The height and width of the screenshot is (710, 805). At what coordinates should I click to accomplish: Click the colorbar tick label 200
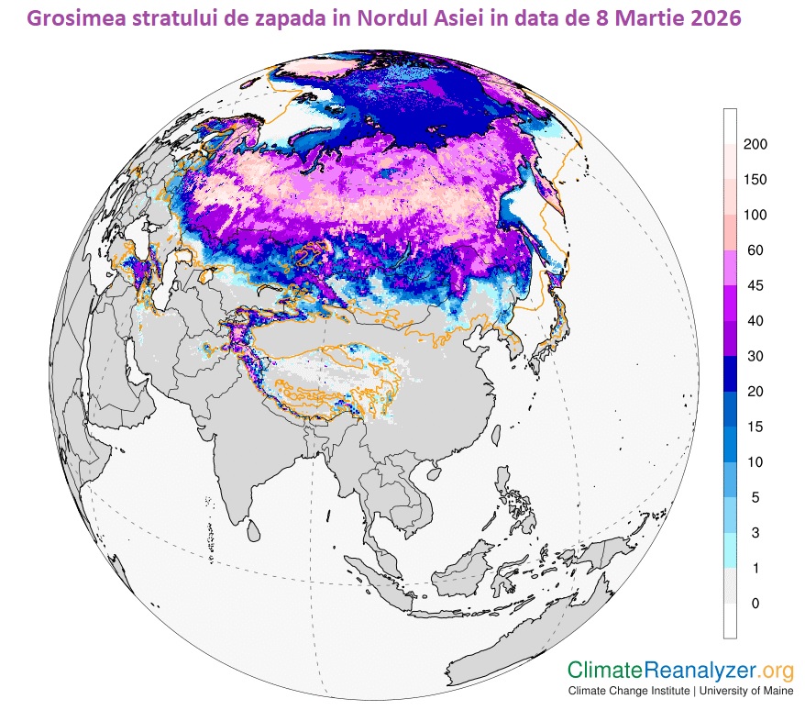click(x=755, y=145)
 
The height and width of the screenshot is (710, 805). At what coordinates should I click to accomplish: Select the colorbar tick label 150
click(x=755, y=180)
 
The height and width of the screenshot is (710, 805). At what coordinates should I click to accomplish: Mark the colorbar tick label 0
click(x=755, y=604)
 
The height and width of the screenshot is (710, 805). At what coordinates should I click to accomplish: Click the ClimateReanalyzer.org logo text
click(x=680, y=671)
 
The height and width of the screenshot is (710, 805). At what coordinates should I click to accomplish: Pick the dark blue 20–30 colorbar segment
click(x=731, y=373)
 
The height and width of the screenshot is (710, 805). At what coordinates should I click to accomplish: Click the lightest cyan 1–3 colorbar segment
click(x=731, y=550)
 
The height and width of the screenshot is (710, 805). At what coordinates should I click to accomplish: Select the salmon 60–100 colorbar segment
click(x=731, y=233)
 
